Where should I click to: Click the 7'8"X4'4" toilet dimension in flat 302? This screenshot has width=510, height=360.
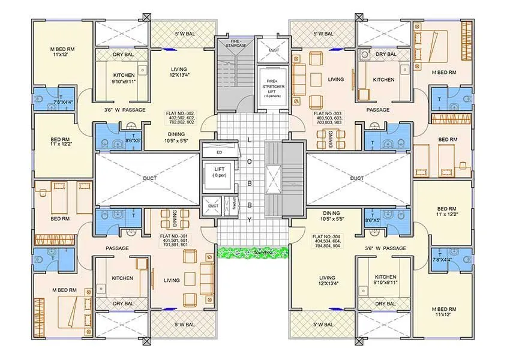coord(63,103)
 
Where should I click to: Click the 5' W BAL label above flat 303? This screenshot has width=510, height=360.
coord(322,34)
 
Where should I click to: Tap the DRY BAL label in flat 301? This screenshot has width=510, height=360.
coord(122,304)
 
